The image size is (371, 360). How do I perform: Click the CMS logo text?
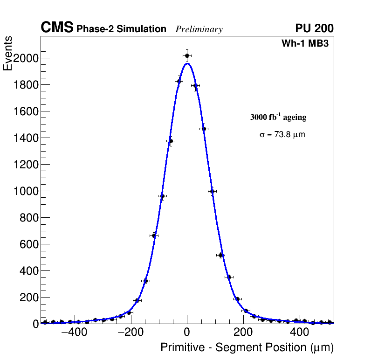pos(57,28)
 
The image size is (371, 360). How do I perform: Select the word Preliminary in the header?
pos(199,29)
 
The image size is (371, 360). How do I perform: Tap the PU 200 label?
pos(314,28)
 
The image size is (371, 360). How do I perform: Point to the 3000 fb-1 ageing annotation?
pos(278,117)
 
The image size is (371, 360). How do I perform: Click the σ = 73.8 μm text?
pos(282,135)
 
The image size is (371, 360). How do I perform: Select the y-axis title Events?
pos(8,54)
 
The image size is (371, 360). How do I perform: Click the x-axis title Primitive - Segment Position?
pos(247,347)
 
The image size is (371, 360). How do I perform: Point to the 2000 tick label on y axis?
pos(25,58)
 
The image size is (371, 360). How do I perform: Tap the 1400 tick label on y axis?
pos(25,138)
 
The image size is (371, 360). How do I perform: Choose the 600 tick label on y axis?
pos(28,244)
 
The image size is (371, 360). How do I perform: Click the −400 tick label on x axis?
pos(73,332)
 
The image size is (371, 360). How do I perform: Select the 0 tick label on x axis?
pos(187,332)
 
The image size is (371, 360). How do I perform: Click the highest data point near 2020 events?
pos(187,55)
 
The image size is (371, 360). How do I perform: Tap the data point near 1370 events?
pos(171,141)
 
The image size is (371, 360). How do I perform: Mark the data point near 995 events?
pos(213,191)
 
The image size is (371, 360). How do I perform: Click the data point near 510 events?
pos(221,255)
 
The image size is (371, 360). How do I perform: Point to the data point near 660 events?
pos(154,235)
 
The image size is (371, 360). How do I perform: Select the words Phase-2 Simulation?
pos(121,29)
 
